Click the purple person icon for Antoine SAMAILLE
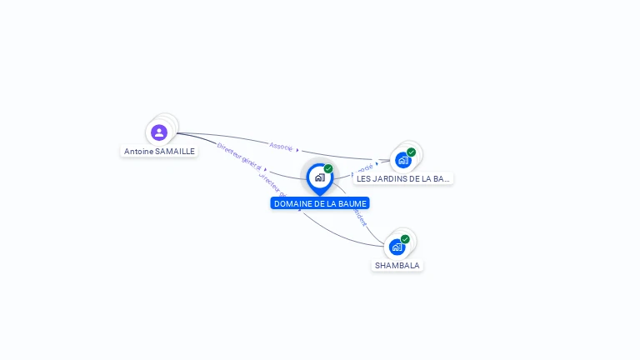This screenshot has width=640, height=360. click(x=159, y=132)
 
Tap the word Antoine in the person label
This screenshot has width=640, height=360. click(x=138, y=152)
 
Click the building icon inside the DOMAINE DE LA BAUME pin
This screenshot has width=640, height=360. click(x=319, y=177)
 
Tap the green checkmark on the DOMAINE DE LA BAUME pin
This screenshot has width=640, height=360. click(x=328, y=168)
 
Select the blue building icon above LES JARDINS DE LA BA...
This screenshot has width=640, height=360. click(x=403, y=160)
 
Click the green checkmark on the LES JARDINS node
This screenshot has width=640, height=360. click(x=412, y=152)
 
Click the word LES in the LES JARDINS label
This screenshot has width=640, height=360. click(x=364, y=178)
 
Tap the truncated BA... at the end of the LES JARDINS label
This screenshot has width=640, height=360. click(x=442, y=178)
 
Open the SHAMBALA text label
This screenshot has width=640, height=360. click(x=397, y=265)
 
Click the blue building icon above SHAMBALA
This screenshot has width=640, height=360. click(x=397, y=247)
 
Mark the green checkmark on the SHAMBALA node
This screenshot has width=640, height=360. click(x=405, y=239)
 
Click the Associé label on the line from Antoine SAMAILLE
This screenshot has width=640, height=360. click(x=281, y=146)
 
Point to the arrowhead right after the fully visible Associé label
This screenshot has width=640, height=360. click(x=297, y=150)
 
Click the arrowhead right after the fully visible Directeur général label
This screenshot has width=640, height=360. click(x=264, y=168)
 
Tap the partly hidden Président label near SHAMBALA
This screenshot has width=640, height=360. click(x=360, y=216)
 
